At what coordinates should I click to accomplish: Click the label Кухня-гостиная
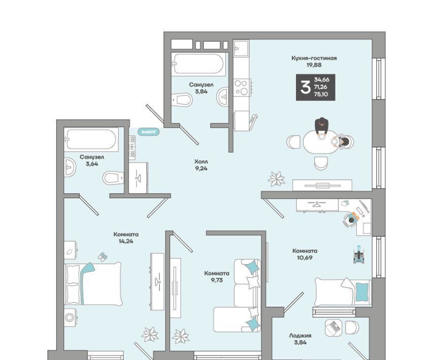point(314,58)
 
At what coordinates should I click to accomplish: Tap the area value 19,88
point(314,65)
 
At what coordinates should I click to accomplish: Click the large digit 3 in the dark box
point(305,87)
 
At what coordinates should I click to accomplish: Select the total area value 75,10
point(321,94)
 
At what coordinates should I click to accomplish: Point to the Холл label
point(201,162)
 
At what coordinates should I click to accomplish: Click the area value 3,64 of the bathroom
point(92,164)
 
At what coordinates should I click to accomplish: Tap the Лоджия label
point(300,336)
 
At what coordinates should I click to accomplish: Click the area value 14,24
point(126,241)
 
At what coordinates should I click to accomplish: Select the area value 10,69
point(304,258)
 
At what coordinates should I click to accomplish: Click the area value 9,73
point(217,280)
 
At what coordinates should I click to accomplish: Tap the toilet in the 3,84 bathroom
point(181,99)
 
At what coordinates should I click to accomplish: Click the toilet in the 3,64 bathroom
point(113,178)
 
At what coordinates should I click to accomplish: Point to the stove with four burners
point(242,87)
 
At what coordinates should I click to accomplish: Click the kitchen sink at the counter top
point(241,48)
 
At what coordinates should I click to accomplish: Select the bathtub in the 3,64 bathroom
point(91,139)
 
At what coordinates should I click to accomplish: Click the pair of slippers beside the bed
point(103,257)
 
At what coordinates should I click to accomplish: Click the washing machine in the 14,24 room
point(70,317)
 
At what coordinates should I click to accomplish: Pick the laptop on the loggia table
point(334,328)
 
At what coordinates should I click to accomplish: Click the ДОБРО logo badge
point(149,132)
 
